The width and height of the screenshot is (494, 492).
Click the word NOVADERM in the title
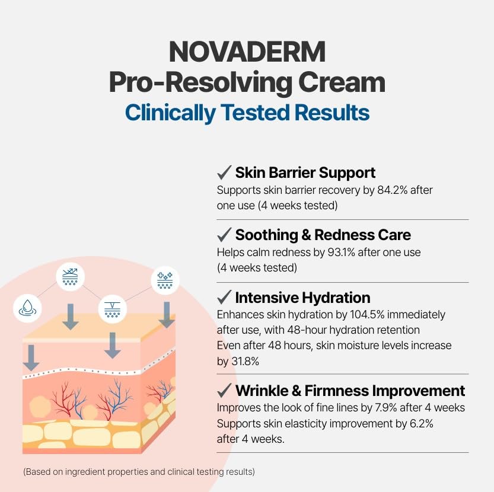(x=247, y=52)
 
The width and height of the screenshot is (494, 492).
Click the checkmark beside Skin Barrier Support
(x=224, y=172)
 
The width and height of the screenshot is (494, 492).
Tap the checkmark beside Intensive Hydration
(x=224, y=297)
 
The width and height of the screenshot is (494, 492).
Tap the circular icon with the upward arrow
(x=70, y=276)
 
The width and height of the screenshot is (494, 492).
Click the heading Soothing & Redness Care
(x=323, y=235)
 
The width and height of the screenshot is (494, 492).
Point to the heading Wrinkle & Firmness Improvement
(x=350, y=391)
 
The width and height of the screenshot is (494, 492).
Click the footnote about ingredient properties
(x=139, y=472)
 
